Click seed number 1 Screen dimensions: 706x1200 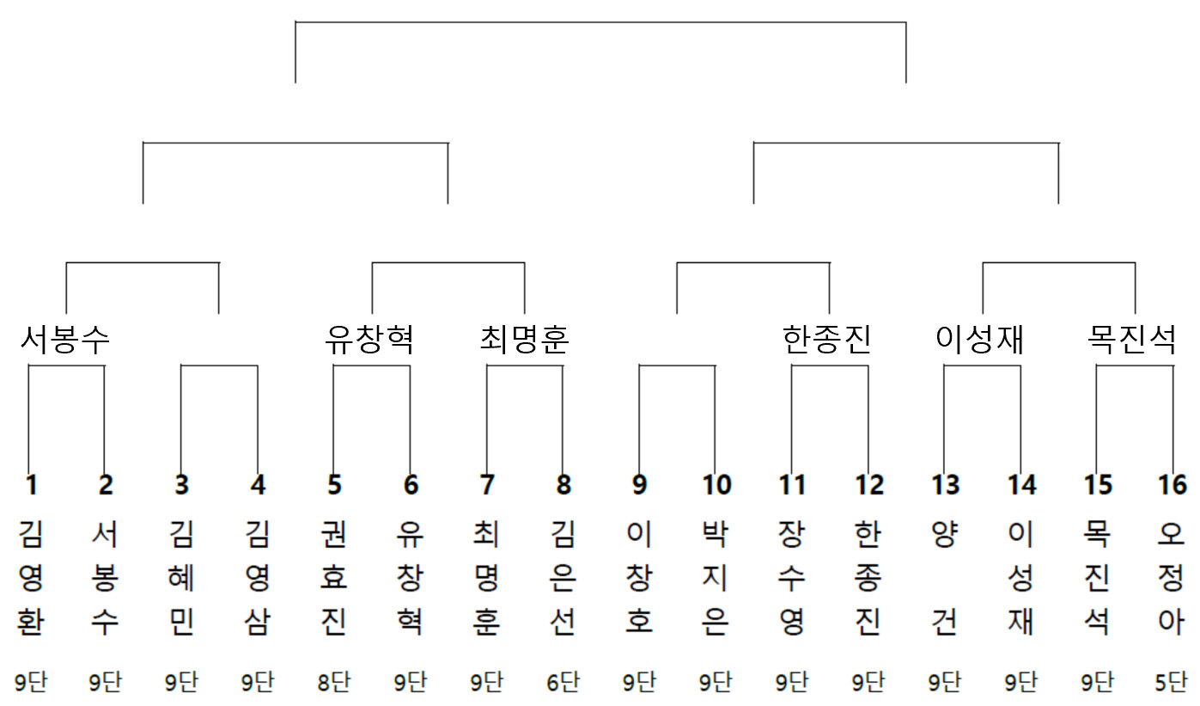coord(31,486)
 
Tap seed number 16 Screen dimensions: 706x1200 coord(1173,486)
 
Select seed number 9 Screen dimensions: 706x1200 coord(639,486)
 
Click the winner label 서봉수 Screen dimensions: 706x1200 coord(65,341)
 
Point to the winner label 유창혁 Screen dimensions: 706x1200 coord(369,341)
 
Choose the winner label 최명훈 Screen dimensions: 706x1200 coord(524,341)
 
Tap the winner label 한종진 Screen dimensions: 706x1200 coord(828,341)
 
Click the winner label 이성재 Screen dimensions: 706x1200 coord(980,341)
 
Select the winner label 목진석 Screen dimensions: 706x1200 coord(1132,341)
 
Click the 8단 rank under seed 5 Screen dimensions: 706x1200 coord(334,683)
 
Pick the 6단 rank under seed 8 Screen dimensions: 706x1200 coord(563,683)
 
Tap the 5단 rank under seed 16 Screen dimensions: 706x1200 coord(1172,683)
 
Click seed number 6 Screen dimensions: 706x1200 coord(411,486)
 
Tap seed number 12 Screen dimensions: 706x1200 coord(869,486)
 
